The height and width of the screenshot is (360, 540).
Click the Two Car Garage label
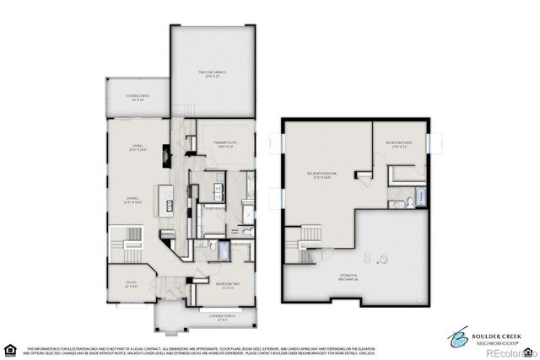(213, 74)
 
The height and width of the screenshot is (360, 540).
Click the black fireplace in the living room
(167, 156)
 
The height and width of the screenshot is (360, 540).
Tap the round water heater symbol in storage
(384, 259)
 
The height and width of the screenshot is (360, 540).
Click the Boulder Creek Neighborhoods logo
(490, 336)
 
